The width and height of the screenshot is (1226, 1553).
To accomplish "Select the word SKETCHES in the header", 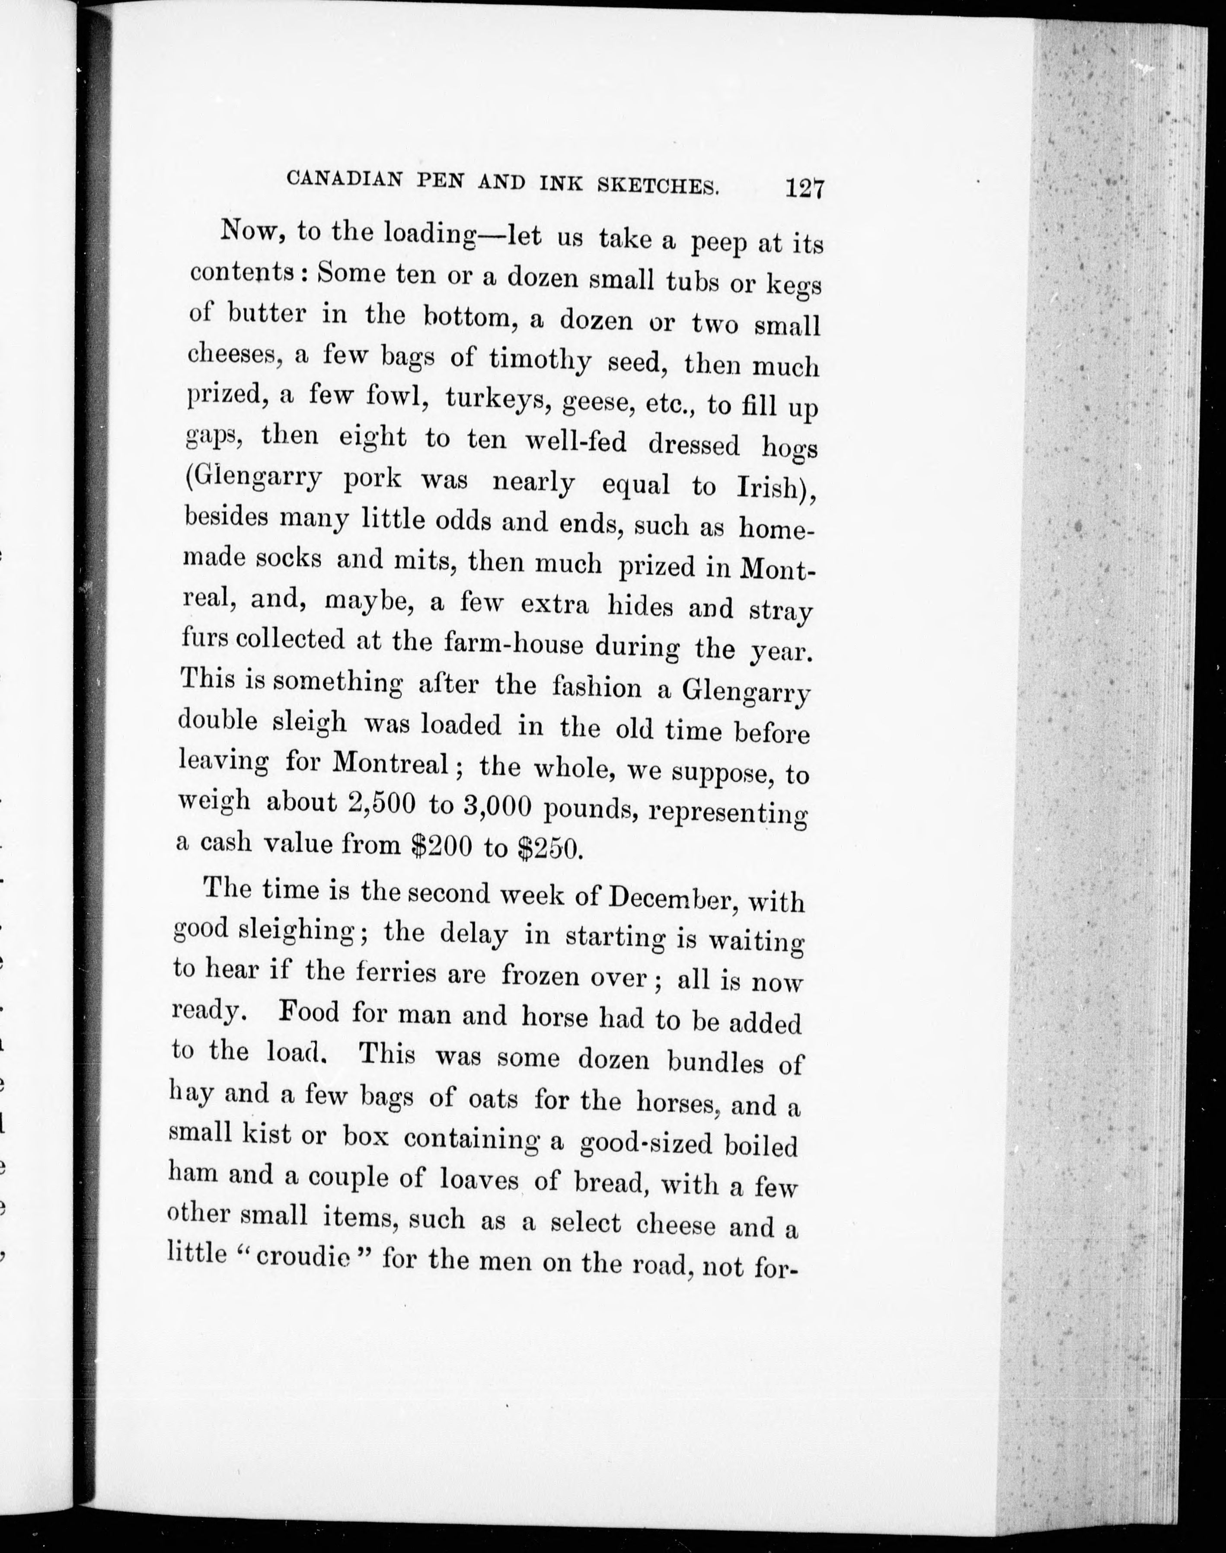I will tap(658, 186).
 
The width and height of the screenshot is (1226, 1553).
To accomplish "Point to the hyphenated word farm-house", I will tap(513, 642).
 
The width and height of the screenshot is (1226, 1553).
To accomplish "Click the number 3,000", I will tap(498, 807).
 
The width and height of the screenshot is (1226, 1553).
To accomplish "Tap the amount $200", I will tap(441, 847).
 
